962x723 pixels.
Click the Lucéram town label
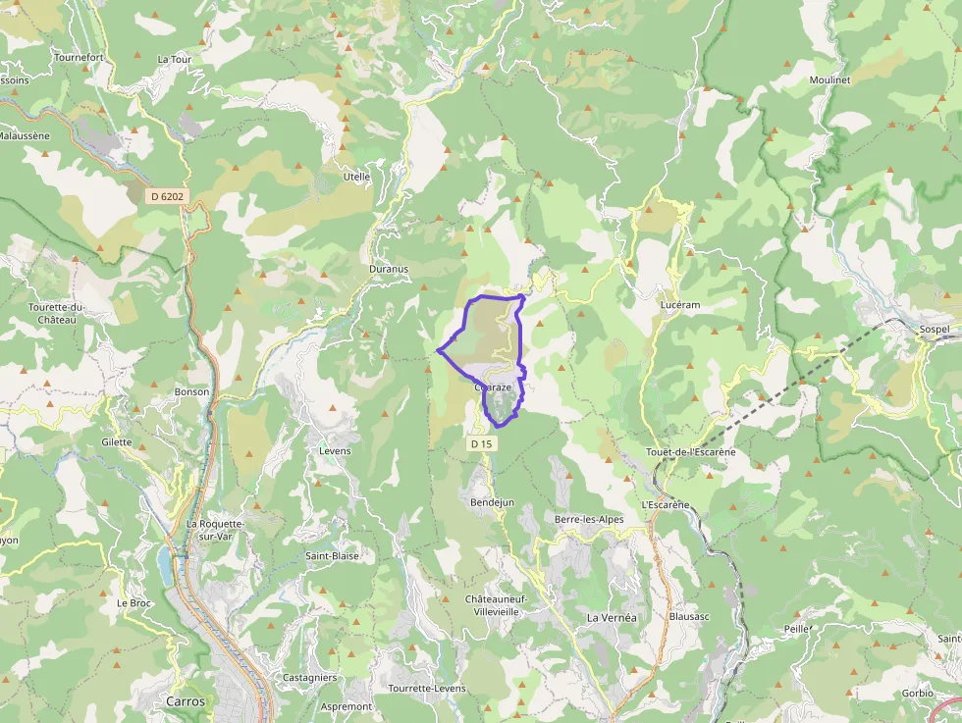(x=680, y=305)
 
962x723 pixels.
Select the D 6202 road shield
(x=167, y=196)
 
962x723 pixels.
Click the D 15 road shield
(x=480, y=444)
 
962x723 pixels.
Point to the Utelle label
(x=355, y=177)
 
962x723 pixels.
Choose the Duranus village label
(x=389, y=268)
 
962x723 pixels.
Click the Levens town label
(x=335, y=450)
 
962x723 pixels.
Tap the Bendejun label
(x=492, y=502)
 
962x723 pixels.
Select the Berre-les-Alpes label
(x=589, y=519)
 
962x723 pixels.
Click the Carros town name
(x=185, y=701)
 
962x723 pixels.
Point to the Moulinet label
(x=829, y=79)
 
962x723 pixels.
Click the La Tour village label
(x=175, y=59)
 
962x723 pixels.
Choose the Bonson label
(x=191, y=391)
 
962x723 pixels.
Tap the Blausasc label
(x=688, y=617)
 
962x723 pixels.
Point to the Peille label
(x=794, y=628)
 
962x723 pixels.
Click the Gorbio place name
(x=918, y=693)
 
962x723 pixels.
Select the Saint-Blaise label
(x=332, y=556)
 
